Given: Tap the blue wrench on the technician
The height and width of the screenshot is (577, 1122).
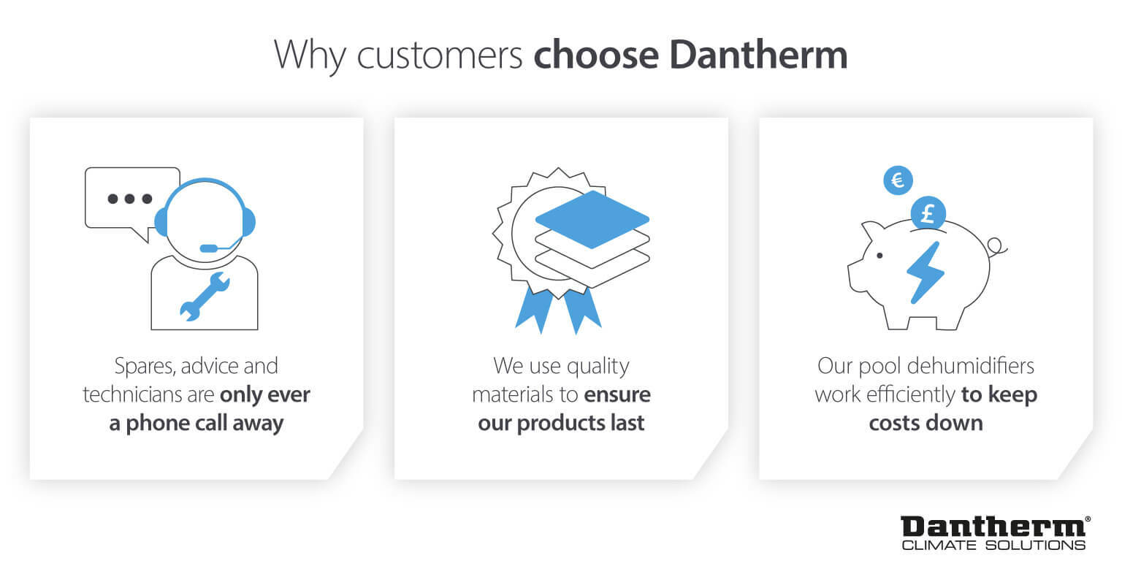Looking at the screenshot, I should point(205,296).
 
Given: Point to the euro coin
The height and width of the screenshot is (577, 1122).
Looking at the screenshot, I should point(898,180).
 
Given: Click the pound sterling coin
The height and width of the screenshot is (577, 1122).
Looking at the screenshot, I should point(928,214).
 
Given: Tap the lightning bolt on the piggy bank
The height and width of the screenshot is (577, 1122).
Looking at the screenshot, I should point(925,272).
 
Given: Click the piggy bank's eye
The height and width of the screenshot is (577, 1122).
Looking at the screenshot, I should point(879,256).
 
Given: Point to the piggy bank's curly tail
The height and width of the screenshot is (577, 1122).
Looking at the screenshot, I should point(996,248).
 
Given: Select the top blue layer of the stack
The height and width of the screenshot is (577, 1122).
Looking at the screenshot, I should point(592,218).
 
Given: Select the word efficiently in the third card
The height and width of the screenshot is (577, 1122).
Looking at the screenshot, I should point(910,395).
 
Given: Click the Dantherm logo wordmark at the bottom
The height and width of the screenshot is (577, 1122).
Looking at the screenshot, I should point(993,527).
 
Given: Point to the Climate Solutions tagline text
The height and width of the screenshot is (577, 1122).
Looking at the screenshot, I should point(993,545).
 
